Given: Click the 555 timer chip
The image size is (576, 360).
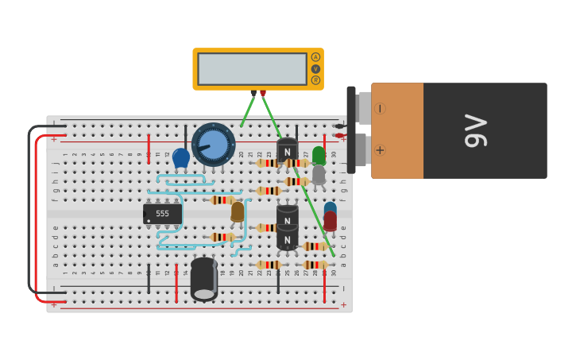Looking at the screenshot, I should [x=163, y=214].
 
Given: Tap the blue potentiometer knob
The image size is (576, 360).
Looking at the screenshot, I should [x=213, y=144].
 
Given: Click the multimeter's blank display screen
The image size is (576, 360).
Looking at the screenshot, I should [x=252, y=69].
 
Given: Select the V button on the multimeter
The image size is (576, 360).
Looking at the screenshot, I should [x=315, y=69].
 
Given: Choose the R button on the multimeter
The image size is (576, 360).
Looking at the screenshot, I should [x=315, y=80].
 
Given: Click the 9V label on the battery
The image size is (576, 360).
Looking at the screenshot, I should [x=476, y=130].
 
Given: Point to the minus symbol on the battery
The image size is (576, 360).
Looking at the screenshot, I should [x=380, y=108].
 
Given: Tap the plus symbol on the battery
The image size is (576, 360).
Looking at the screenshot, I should [x=380, y=149].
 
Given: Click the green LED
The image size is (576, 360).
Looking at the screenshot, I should [x=319, y=154].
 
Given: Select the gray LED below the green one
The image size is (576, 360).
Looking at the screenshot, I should [x=319, y=174].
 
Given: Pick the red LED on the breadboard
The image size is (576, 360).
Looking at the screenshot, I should [x=330, y=221].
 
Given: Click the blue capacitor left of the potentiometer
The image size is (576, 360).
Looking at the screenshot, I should [x=181, y=157].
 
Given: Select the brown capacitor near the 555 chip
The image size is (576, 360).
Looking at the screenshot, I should [x=238, y=211].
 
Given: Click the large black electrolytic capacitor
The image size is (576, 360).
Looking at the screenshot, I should [x=204, y=279].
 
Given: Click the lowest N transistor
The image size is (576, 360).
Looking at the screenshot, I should [x=287, y=237].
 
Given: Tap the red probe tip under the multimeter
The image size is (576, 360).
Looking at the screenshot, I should [x=263, y=94].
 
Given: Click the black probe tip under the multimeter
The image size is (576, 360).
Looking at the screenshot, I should [x=253, y=94].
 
